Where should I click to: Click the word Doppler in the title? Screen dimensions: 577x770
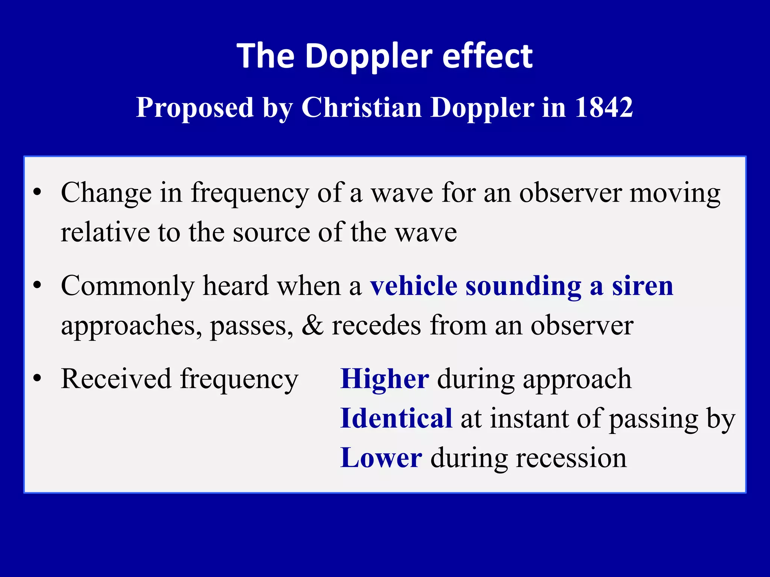tap(368, 56)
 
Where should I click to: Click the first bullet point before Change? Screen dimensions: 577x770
tap(37, 193)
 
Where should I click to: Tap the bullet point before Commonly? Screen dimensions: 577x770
tap(37, 285)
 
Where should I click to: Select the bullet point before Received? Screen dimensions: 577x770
tap(37, 378)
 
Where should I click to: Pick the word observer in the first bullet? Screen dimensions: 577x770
tap(570, 193)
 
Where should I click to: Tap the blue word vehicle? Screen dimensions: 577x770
tap(414, 286)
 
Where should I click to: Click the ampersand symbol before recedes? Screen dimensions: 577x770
tap(312, 325)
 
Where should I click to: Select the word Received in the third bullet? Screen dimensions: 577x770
tap(116, 379)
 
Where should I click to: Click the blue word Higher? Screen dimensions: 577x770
tap(384, 379)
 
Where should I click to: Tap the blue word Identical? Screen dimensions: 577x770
tap(396, 418)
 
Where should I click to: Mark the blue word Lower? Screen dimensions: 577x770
tap(381, 458)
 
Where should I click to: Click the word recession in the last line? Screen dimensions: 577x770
tap(571, 458)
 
